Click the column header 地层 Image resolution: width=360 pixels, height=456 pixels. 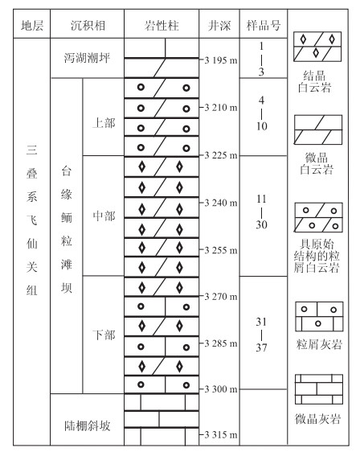[x=32, y=25]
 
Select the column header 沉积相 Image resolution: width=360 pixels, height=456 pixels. [x=88, y=25]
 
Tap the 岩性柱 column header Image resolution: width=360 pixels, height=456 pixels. [x=162, y=25]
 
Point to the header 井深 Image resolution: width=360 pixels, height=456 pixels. [x=219, y=25]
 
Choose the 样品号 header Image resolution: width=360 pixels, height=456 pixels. [x=264, y=25]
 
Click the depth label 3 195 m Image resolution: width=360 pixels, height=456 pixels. [x=221, y=60]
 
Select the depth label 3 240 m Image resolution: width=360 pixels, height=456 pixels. [x=221, y=203]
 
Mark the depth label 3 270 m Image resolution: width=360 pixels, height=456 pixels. [x=221, y=297]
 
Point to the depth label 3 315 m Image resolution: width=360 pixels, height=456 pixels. [x=221, y=435]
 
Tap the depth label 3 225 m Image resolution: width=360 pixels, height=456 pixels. [x=221, y=155]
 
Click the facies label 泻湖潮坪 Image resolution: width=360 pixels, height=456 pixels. [x=87, y=58]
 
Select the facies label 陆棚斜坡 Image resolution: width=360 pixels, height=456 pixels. [x=87, y=425]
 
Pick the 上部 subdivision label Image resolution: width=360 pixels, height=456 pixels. [x=104, y=123]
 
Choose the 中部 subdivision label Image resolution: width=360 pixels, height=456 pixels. [x=104, y=216]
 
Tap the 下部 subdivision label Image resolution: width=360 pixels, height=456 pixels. [x=104, y=335]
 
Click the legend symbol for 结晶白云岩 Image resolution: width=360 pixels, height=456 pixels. [x=317, y=47]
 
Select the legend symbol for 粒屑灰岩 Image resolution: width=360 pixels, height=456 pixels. [x=319, y=317]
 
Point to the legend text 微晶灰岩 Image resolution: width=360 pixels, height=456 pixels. [x=317, y=419]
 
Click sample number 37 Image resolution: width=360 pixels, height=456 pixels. [x=261, y=347]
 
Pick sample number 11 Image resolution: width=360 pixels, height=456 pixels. [x=261, y=199]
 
